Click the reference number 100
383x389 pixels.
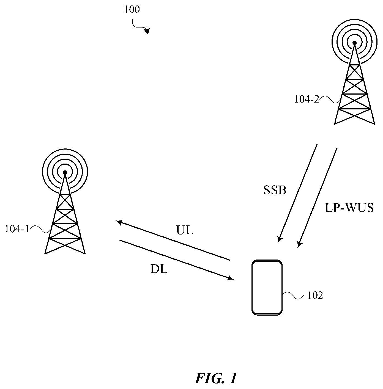pyautogui.click(x=132, y=10)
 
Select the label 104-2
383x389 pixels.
pyautogui.click(x=307, y=99)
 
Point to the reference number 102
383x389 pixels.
pyautogui.click(x=315, y=296)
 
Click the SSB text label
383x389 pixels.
pyautogui.click(x=275, y=190)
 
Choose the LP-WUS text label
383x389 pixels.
pyautogui.click(x=349, y=208)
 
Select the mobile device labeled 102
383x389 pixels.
pyautogui.click(x=267, y=288)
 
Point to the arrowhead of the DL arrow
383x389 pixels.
pyautogui.click(x=231, y=278)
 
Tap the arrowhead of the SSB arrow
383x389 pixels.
pyautogui.click(x=280, y=239)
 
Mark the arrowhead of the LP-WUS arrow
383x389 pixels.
pyautogui.click(x=300, y=244)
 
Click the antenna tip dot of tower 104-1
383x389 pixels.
pyautogui.click(x=65, y=172)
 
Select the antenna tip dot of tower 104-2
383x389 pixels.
pyautogui.click(x=354, y=43)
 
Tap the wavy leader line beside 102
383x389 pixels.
pyautogui.click(x=292, y=295)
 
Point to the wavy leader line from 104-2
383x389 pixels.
pyautogui.click(x=329, y=100)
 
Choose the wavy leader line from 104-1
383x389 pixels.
pyautogui.click(x=40, y=229)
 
